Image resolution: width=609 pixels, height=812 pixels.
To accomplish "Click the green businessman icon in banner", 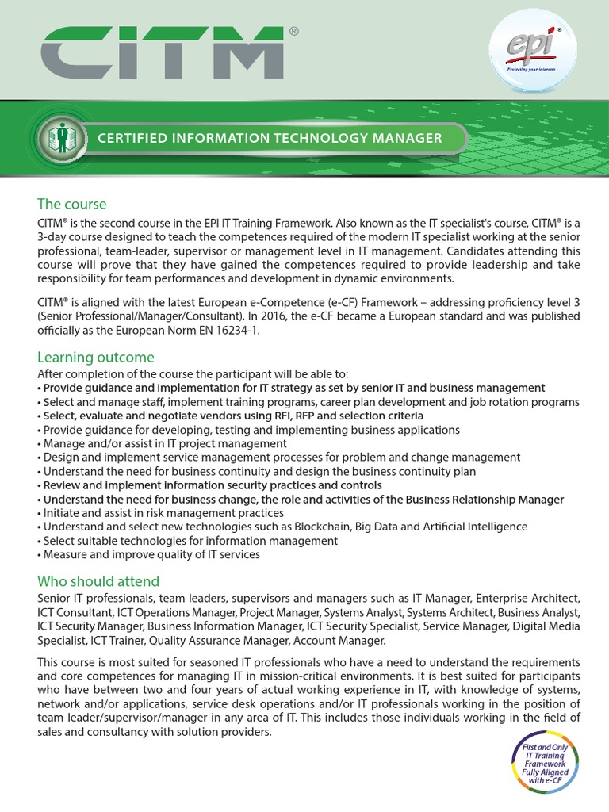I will (x=60, y=138).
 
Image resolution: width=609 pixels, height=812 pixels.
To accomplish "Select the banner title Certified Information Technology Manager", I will (x=270, y=138).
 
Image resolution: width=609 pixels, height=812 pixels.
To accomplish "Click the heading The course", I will (x=71, y=205).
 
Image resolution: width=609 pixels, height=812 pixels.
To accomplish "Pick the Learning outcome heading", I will (x=96, y=357).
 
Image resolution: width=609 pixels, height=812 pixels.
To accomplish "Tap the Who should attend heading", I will (x=98, y=580).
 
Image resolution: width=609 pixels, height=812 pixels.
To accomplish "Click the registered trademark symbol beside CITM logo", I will (x=294, y=31).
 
